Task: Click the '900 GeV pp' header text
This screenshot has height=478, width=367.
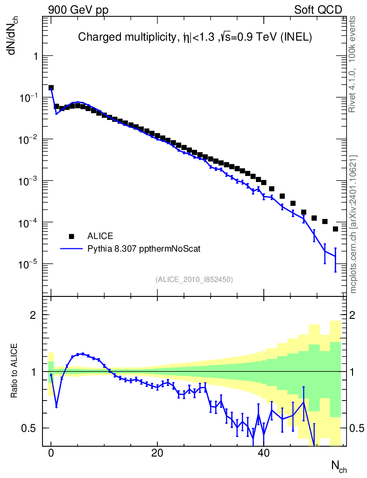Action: pyautogui.click(x=78, y=10)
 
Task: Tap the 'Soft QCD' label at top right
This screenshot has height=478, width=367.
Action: pyautogui.click(x=318, y=10)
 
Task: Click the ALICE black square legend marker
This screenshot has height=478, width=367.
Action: pyautogui.click(x=71, y=236)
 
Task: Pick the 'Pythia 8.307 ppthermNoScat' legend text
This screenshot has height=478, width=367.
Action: pyautogui.click(x=144, y=249)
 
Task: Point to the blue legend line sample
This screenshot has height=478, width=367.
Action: pyautogui.click(x=71, y=249)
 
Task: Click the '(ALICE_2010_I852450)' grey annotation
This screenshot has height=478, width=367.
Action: pyautogui.click(x=194, y=280)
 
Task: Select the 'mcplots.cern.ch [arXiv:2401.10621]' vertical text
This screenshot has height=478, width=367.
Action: pyautogui.click(x=353, y=224)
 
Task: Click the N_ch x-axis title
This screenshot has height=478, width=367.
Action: pyautogui.click(x=339, y=466)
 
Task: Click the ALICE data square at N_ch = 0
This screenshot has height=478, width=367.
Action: pyautogui.click(x=51, y=88)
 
